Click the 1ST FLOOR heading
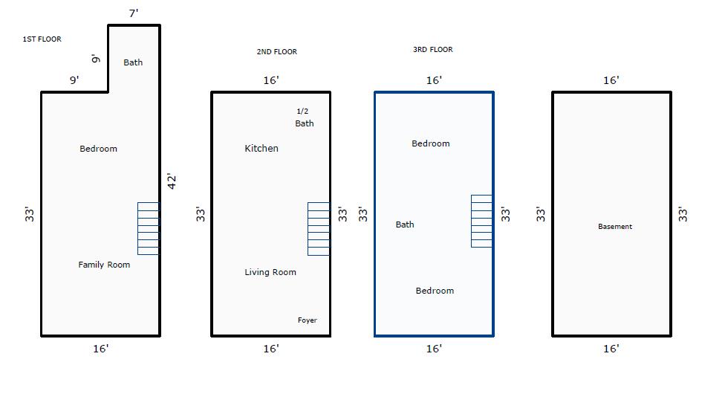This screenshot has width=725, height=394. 42,39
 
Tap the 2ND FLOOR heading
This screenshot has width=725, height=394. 277,52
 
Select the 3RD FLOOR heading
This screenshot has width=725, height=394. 433,50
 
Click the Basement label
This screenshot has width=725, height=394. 615,227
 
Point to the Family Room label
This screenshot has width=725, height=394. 104,265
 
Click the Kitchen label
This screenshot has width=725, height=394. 261,148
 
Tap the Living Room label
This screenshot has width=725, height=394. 270,272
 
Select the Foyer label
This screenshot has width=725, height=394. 308,320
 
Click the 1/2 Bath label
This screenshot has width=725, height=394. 305,117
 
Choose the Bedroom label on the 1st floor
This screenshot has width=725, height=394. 99,149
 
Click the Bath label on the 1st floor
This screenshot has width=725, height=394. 133,62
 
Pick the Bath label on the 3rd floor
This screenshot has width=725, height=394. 405,225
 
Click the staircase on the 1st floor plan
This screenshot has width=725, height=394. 149,229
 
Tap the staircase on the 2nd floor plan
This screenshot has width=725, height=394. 319,229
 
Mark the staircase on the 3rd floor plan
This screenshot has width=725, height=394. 481,222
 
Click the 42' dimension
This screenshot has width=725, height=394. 172,181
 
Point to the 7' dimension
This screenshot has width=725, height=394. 134,13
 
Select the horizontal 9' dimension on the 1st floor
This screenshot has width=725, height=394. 74,80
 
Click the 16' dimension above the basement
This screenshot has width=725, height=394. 611,80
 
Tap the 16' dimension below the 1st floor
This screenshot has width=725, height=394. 101,349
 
